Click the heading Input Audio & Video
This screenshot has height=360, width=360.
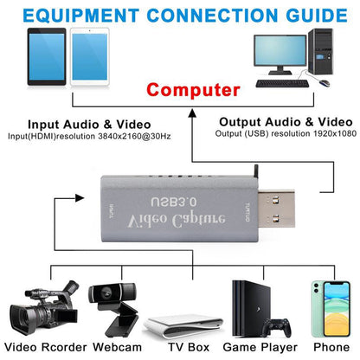click(89, 124)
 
